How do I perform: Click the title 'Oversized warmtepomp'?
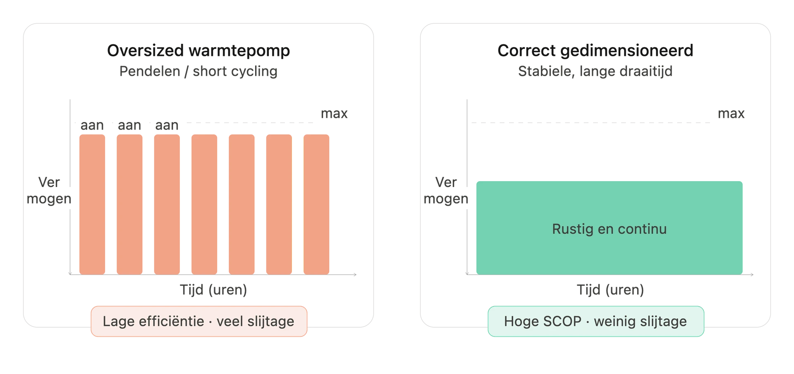(x=198, y=50)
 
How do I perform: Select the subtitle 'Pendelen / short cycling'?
(x=198, y=71)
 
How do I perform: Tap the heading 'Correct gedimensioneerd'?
(x=595, y=50)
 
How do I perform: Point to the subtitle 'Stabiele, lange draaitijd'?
(x=595, y=71)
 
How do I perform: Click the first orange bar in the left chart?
(x=92, y=204)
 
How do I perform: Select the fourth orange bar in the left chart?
(x=204, y=204)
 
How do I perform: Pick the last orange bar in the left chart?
(x=316, y=204)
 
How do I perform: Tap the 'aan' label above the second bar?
(x=129, y=125)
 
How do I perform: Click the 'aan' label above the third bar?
(x=167, y=125)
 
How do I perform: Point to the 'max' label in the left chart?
(x=334, y=113)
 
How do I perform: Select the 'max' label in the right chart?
(x=731, y=113)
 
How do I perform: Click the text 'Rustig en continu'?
(x=610, y=229)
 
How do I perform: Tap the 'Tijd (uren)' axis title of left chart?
(x=213, y=290)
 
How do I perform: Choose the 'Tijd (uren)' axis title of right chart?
(x=610, y=290)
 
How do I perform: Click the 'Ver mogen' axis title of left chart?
(x=49, y=190)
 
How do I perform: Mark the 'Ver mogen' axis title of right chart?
(x=446, y=190)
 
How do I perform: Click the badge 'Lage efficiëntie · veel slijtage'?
(x=199, y=321)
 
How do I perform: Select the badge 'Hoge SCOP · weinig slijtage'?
(x=596, y=321)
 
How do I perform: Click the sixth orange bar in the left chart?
(x=279, y=204)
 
